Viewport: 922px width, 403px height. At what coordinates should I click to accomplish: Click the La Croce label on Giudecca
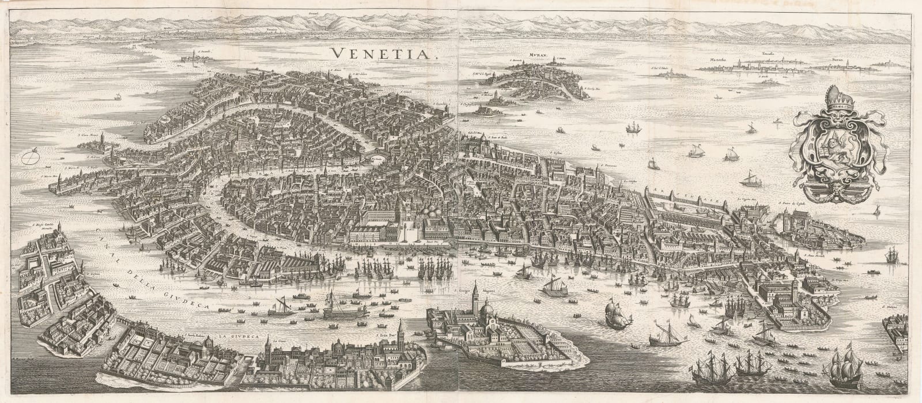[x=279, y=340]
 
